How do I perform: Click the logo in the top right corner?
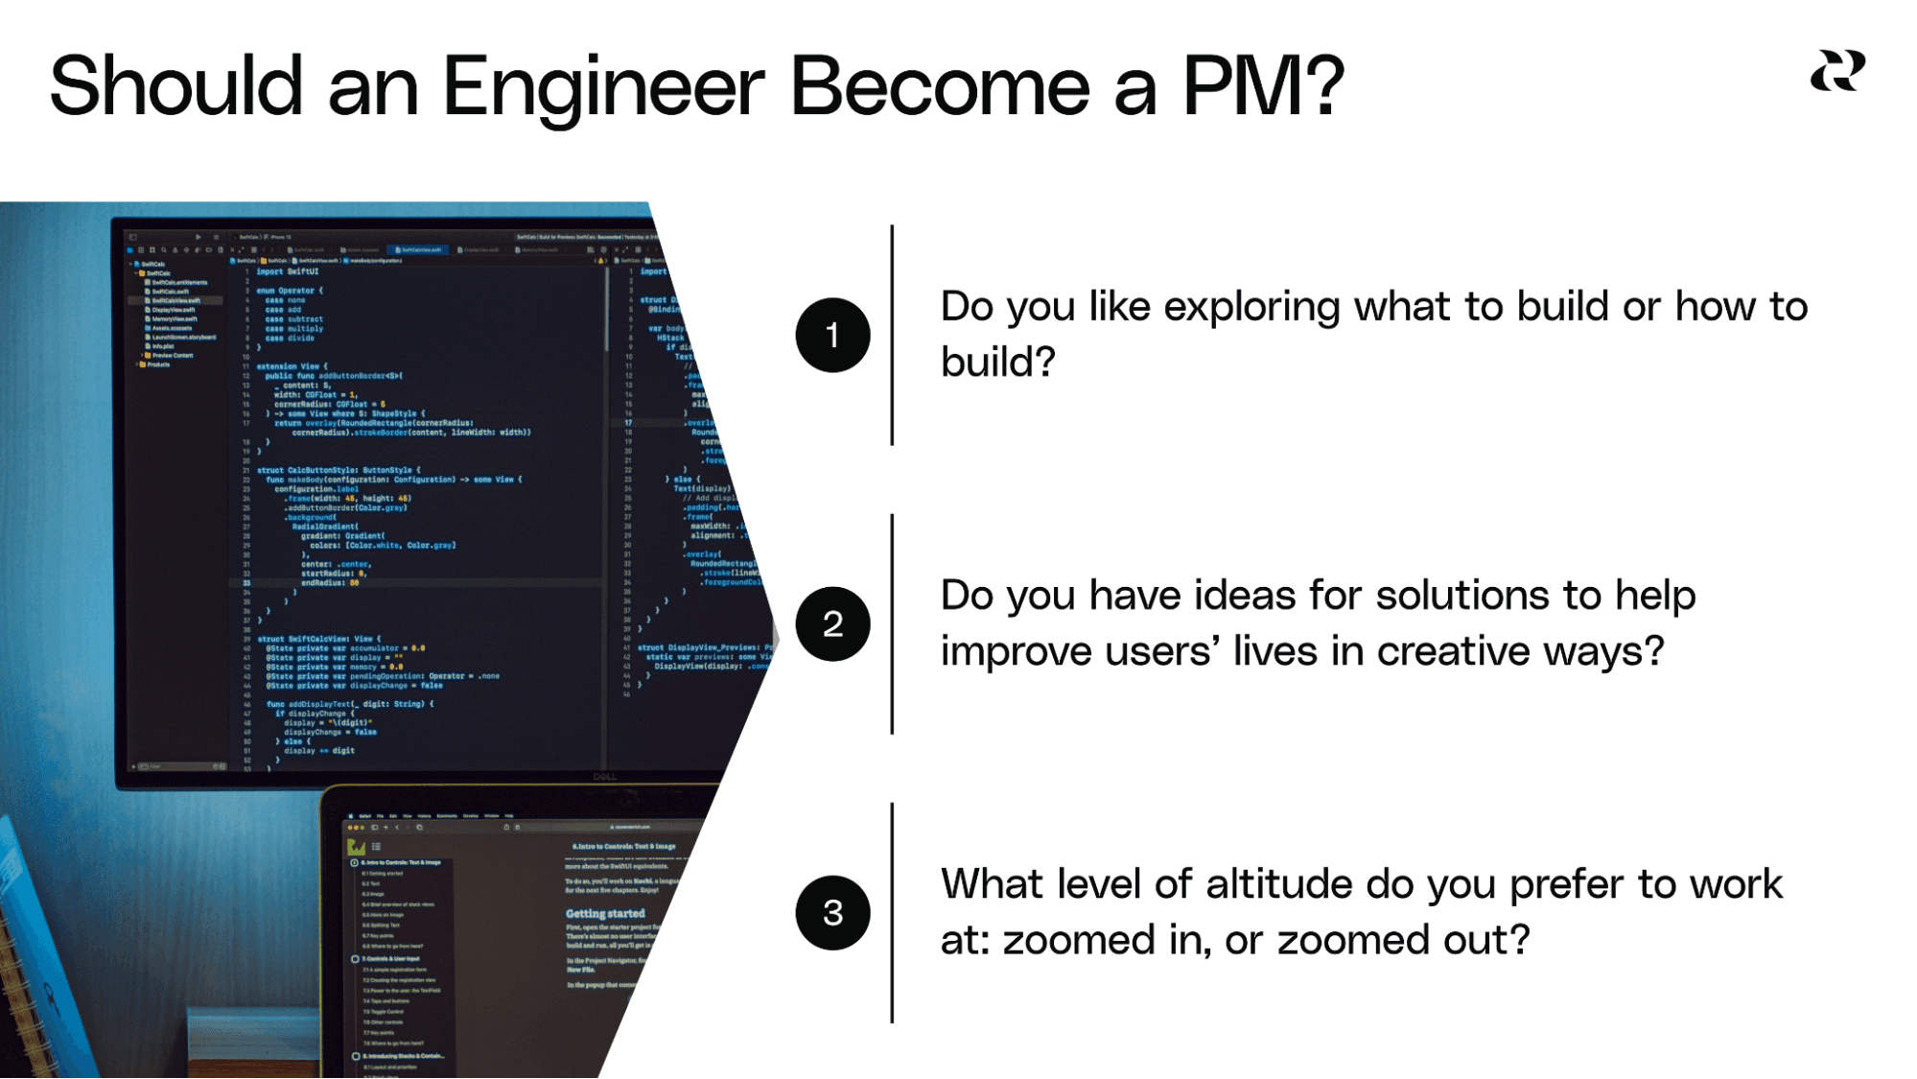click(1836, 72)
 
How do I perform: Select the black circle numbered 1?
click(832, 335)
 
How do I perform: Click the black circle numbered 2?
click(832, 624)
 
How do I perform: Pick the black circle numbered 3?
click(832, 912)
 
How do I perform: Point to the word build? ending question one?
click(997, 363)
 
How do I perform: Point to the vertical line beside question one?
click(892, 335)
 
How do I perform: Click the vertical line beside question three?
click(892, 912)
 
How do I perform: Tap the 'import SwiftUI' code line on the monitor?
click(288, 271)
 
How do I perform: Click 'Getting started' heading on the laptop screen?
click(605, 913)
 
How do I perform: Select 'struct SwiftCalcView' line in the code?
click(318, 639)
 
